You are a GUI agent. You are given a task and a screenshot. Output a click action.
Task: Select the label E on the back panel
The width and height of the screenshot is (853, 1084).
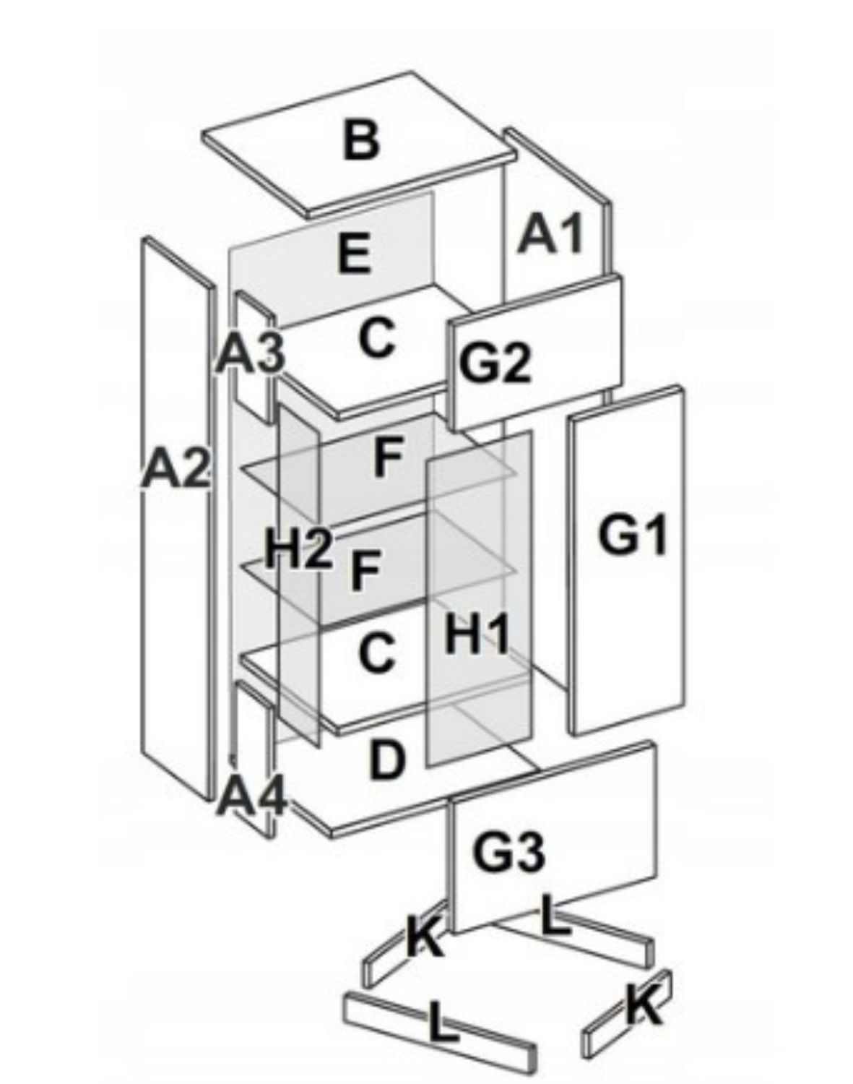[x=354, y=254]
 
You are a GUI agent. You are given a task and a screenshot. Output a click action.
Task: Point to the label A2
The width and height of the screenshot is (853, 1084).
[x=176, y=468]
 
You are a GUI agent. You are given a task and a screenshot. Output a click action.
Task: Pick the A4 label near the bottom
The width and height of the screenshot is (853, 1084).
[x=253, y=795]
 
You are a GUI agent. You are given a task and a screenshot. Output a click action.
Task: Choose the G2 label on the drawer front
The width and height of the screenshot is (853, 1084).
[x=495, y=363]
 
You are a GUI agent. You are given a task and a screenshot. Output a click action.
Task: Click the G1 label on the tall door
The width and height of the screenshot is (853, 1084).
[x=633, y=536]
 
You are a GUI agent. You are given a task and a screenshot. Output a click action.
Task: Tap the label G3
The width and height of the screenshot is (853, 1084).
[x=508, y=853]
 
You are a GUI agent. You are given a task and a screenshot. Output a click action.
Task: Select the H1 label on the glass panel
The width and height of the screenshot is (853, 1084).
[x=477, y=634]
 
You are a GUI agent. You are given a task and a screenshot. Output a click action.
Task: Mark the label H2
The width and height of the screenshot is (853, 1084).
[x=298, y=549]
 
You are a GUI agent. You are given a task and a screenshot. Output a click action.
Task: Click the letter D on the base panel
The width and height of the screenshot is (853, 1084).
[x=387, y=760]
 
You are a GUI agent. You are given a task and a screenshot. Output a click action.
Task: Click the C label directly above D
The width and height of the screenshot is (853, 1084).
[x=377, y=653]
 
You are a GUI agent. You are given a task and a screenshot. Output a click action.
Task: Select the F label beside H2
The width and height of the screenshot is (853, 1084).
[x=365, y=569]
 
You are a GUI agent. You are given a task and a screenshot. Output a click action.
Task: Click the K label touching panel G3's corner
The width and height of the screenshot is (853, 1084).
[x=425, y=939]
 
